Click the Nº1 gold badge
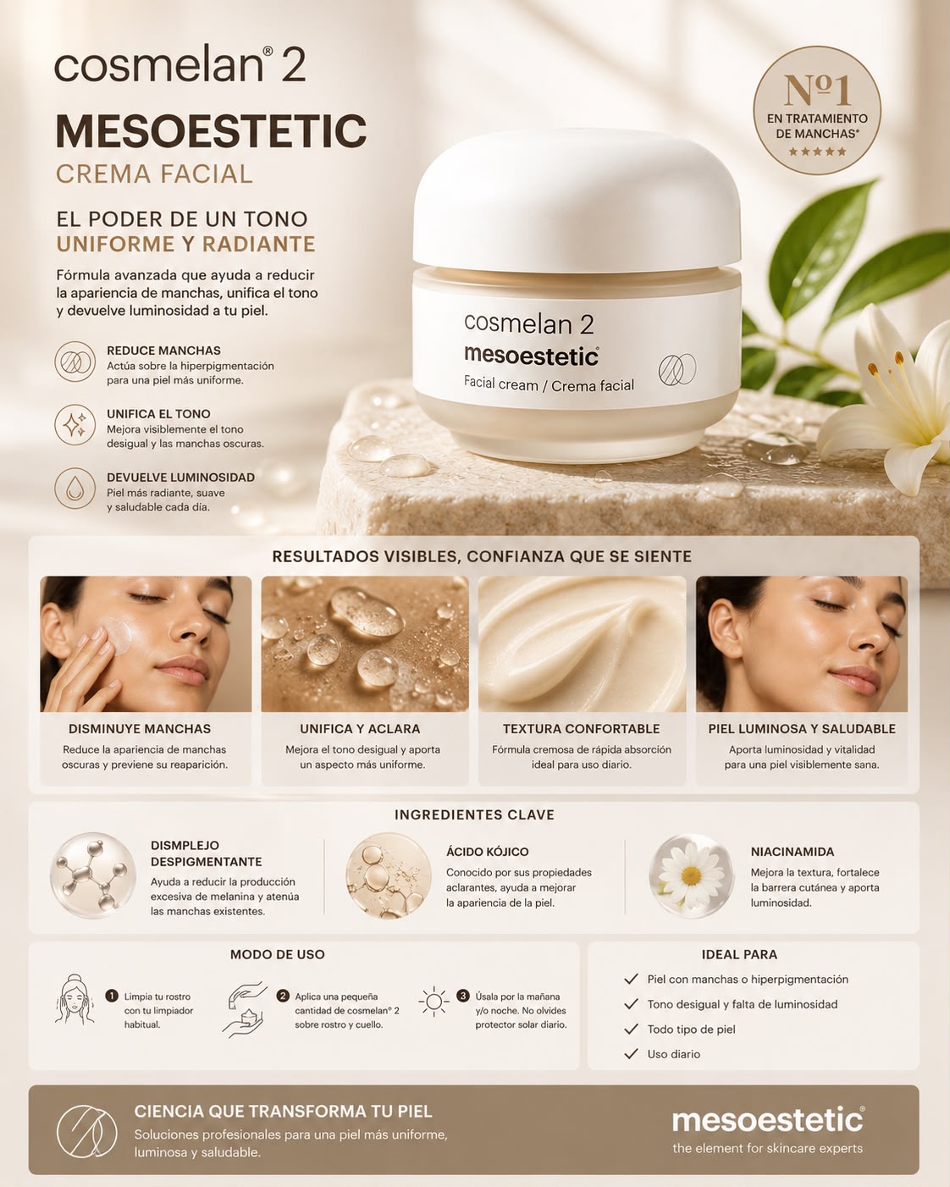(816, 110)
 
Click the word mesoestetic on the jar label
(531, 356)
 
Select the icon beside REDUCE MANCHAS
(75, 362)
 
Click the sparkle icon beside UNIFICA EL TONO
(75, 425)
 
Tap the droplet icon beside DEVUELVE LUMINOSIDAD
(75, 489)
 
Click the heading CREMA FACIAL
(154, 174)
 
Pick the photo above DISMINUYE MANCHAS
(146, 643)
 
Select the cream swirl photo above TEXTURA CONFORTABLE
(582, 643)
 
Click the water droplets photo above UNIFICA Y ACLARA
(365, 643)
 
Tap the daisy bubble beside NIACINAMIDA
(691, 875)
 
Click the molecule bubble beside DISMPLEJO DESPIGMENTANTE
(92, 875)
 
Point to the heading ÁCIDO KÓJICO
(487, 852)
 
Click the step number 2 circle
(283, 996)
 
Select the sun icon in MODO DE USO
(434, 1001)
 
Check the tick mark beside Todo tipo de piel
(631, 1030)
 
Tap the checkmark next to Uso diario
(631, 1054)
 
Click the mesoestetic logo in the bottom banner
(768, 1120)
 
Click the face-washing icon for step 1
(74, 999)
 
